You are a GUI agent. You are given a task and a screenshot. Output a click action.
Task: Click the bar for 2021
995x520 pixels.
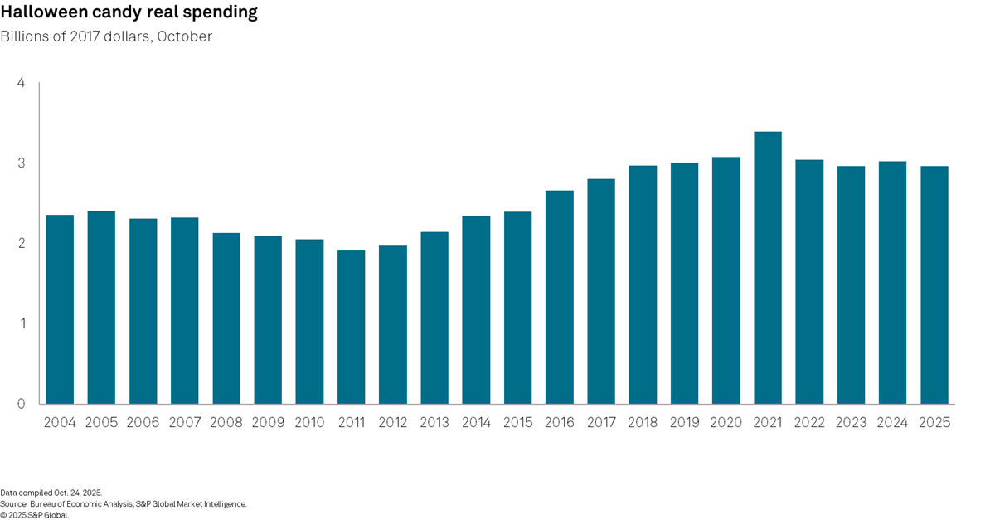point(767,268)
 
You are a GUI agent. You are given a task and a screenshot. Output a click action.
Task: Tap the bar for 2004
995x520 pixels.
point(60,309)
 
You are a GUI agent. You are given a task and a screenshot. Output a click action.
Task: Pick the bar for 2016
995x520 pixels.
point(559,297)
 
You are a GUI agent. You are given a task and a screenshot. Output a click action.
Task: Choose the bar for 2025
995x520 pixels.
point(934,285)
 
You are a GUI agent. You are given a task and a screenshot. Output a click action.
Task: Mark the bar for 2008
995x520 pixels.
point(226,318)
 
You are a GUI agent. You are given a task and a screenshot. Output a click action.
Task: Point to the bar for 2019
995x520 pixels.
point(684,284)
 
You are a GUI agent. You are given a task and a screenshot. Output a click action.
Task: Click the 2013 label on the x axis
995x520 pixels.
point(434,423)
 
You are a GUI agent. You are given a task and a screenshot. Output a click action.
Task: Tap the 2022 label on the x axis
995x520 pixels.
point(808,423)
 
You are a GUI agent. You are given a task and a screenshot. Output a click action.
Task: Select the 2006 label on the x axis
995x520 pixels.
point(143,423)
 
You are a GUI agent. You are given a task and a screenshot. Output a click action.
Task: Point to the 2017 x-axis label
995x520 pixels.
point(600,423)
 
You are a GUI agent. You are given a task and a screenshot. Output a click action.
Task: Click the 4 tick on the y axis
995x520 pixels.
point(21,83)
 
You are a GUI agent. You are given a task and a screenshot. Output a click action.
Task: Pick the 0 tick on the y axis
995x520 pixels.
point(21,404)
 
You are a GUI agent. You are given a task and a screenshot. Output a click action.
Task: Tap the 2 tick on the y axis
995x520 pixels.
point(21,244)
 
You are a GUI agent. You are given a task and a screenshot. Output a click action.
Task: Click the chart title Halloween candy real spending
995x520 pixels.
point(129,12)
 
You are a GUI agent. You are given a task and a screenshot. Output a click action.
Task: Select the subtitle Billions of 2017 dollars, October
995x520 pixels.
point(106,37)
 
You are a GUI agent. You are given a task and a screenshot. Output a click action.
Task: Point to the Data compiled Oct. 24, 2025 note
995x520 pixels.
point(51,493)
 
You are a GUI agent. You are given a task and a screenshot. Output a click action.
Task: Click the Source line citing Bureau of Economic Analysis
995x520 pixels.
point(124,503)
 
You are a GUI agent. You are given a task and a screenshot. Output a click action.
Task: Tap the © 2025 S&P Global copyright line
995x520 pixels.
point(35,514)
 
